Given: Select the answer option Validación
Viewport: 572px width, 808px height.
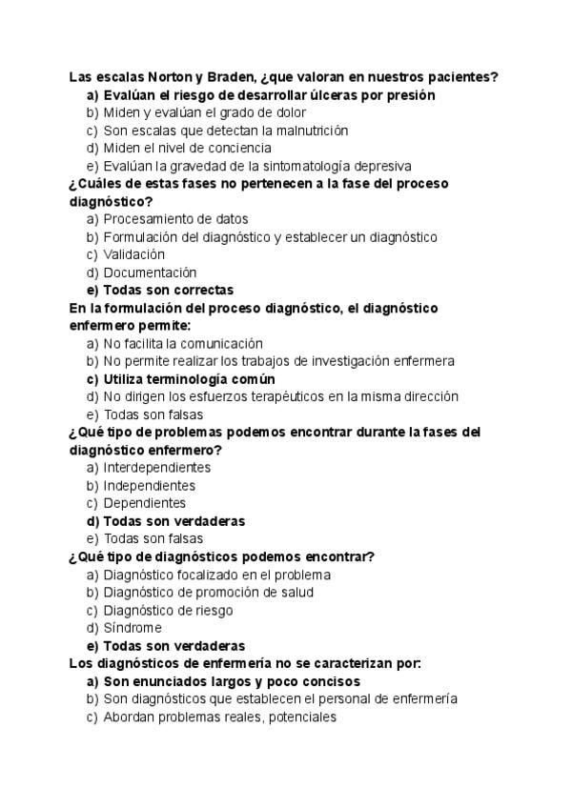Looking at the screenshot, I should pyautogui.click(x=133, y=254).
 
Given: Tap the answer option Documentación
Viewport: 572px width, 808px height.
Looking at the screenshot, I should pyautogui.click(x=150, y=273).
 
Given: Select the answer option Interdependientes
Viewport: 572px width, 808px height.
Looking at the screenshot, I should pyautogui.click(x=156, y=468).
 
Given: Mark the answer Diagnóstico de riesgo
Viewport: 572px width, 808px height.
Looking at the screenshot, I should pyautogui.click(x=168, y=610).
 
